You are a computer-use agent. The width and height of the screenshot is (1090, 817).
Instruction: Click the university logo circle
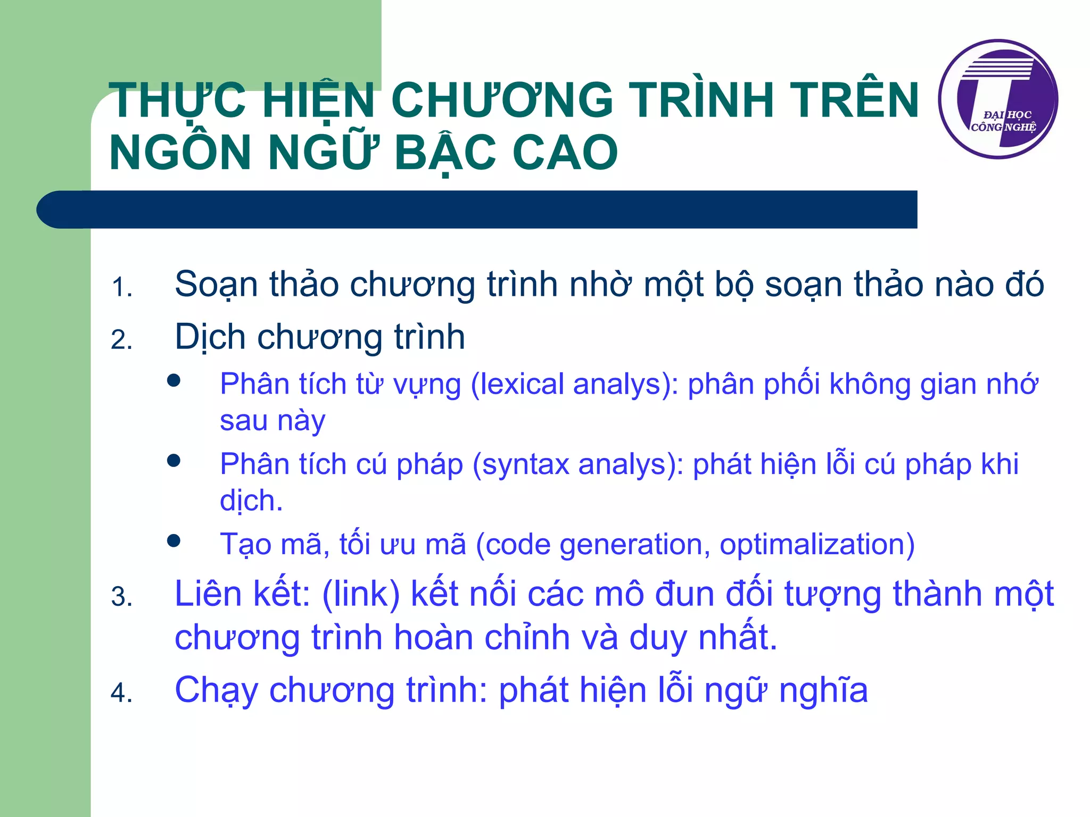[998, 99]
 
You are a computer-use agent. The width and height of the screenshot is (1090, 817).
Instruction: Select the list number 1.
[121, 288]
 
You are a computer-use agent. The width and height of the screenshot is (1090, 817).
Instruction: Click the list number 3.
[121, 597]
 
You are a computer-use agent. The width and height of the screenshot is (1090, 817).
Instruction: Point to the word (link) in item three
[361, 595]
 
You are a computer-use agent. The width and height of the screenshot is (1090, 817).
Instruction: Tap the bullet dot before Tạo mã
[174, 541]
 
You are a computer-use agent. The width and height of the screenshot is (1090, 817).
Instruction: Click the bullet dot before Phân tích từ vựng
[174, 380]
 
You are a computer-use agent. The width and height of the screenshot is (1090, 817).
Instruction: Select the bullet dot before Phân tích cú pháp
[174, 460]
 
